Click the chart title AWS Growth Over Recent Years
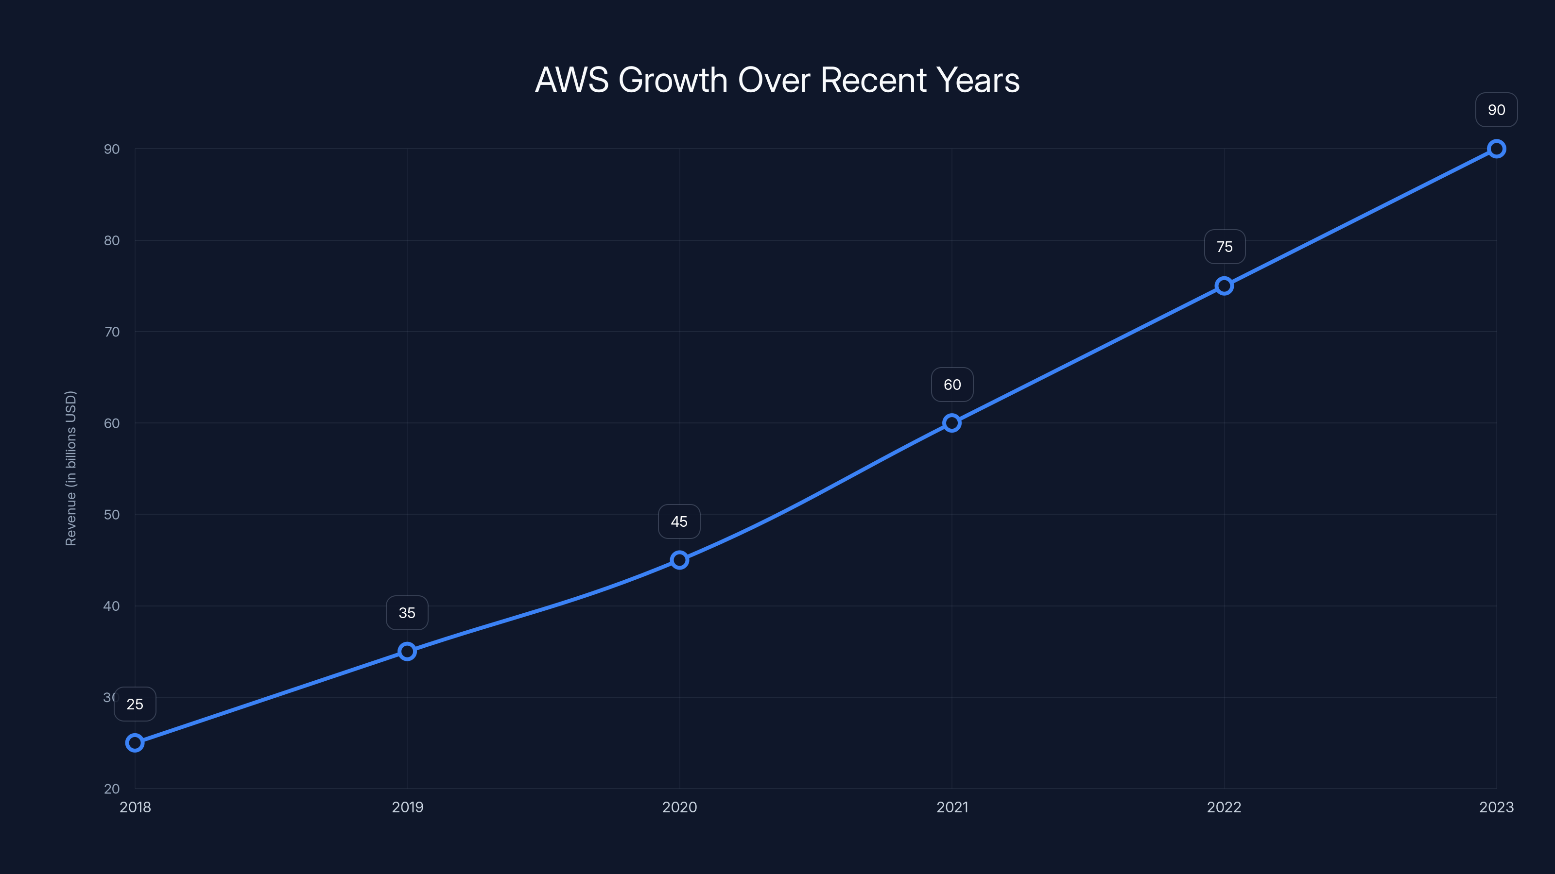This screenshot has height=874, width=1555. click(x=777, y=80)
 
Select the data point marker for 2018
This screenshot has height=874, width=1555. click(x=135, y=742)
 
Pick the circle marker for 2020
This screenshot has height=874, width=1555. click(x=679, y=560)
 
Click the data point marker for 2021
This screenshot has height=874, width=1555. click(x=952, y=423)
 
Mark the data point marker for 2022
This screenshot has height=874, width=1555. click(x=1224, y=286)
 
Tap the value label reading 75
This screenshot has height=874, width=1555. click(x=1224, y=247)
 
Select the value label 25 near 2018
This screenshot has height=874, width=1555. click(x=135, y=704)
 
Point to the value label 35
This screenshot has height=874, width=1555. click(x=407, y=613)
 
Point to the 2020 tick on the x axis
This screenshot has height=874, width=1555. click(x=679, y=807)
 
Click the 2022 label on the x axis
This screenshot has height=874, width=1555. click(x=1224, y=807)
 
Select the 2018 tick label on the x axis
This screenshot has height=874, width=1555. click(x=135, y=807)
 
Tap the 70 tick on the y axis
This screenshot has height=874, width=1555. click(x=112, y=332)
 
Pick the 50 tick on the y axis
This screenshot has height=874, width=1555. click(x=112, y=515)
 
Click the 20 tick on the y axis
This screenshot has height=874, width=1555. click(x=112, y=789)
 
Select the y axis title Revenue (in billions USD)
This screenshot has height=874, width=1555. click(x=70, y=468)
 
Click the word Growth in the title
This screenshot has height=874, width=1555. click(x=673, y=80)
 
